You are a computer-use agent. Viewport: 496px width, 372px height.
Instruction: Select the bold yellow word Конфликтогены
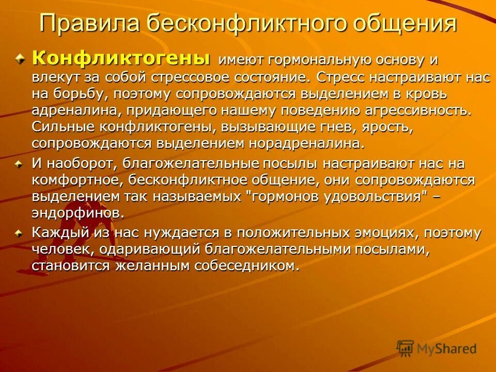(x=121, y=58)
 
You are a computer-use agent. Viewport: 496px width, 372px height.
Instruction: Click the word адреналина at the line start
(x=69, y=111)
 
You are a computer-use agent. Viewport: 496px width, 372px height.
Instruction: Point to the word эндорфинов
(x=78, y=213)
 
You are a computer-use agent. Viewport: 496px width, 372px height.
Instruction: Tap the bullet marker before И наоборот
(x=19, y=164)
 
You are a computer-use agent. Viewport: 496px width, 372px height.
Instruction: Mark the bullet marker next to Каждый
(x=19, y=234)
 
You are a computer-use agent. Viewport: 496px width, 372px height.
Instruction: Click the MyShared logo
(x=437, y=348)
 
